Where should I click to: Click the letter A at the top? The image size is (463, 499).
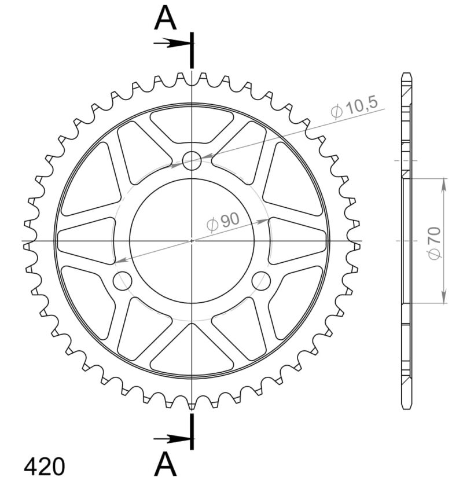(x=165, y=19)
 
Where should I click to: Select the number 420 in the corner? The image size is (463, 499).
(x=45, y=467)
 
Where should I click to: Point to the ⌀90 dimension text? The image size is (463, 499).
(x=222, y=221)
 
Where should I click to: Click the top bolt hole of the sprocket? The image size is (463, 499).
(x=192, y=161)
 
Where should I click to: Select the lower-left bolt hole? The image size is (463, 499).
(x=123, y=281)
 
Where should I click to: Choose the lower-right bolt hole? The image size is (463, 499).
(x=261, y=281)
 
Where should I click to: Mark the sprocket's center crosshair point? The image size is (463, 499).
(x=192, y=241)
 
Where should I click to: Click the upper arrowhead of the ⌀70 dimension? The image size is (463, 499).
(x=444, y=185)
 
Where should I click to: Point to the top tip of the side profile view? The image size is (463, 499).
(x=406, y=74)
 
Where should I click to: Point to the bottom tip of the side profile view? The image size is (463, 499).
(x=406, y=408)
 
